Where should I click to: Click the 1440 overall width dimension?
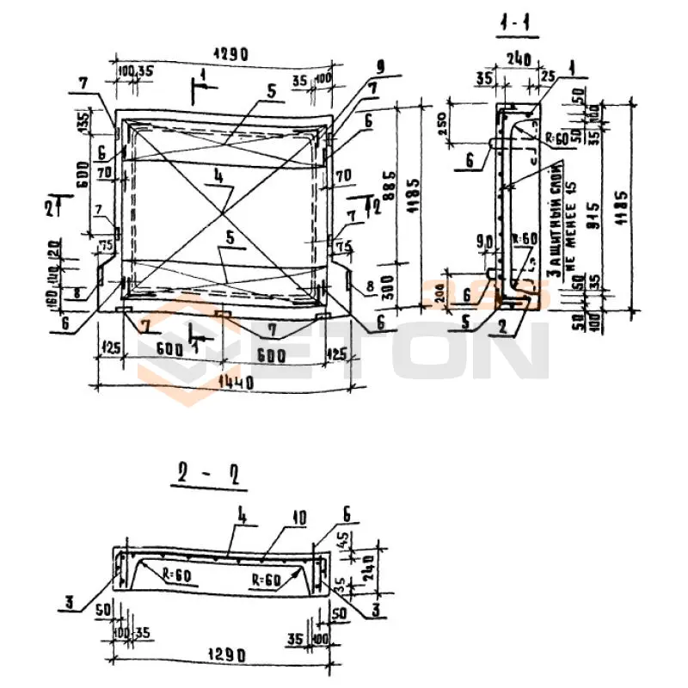pyautogui.click(x=225, y=382)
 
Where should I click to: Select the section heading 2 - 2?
pyautogui.click(x=207, y=474)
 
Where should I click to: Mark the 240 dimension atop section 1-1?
pyautogui.click(x=518, y=60)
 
